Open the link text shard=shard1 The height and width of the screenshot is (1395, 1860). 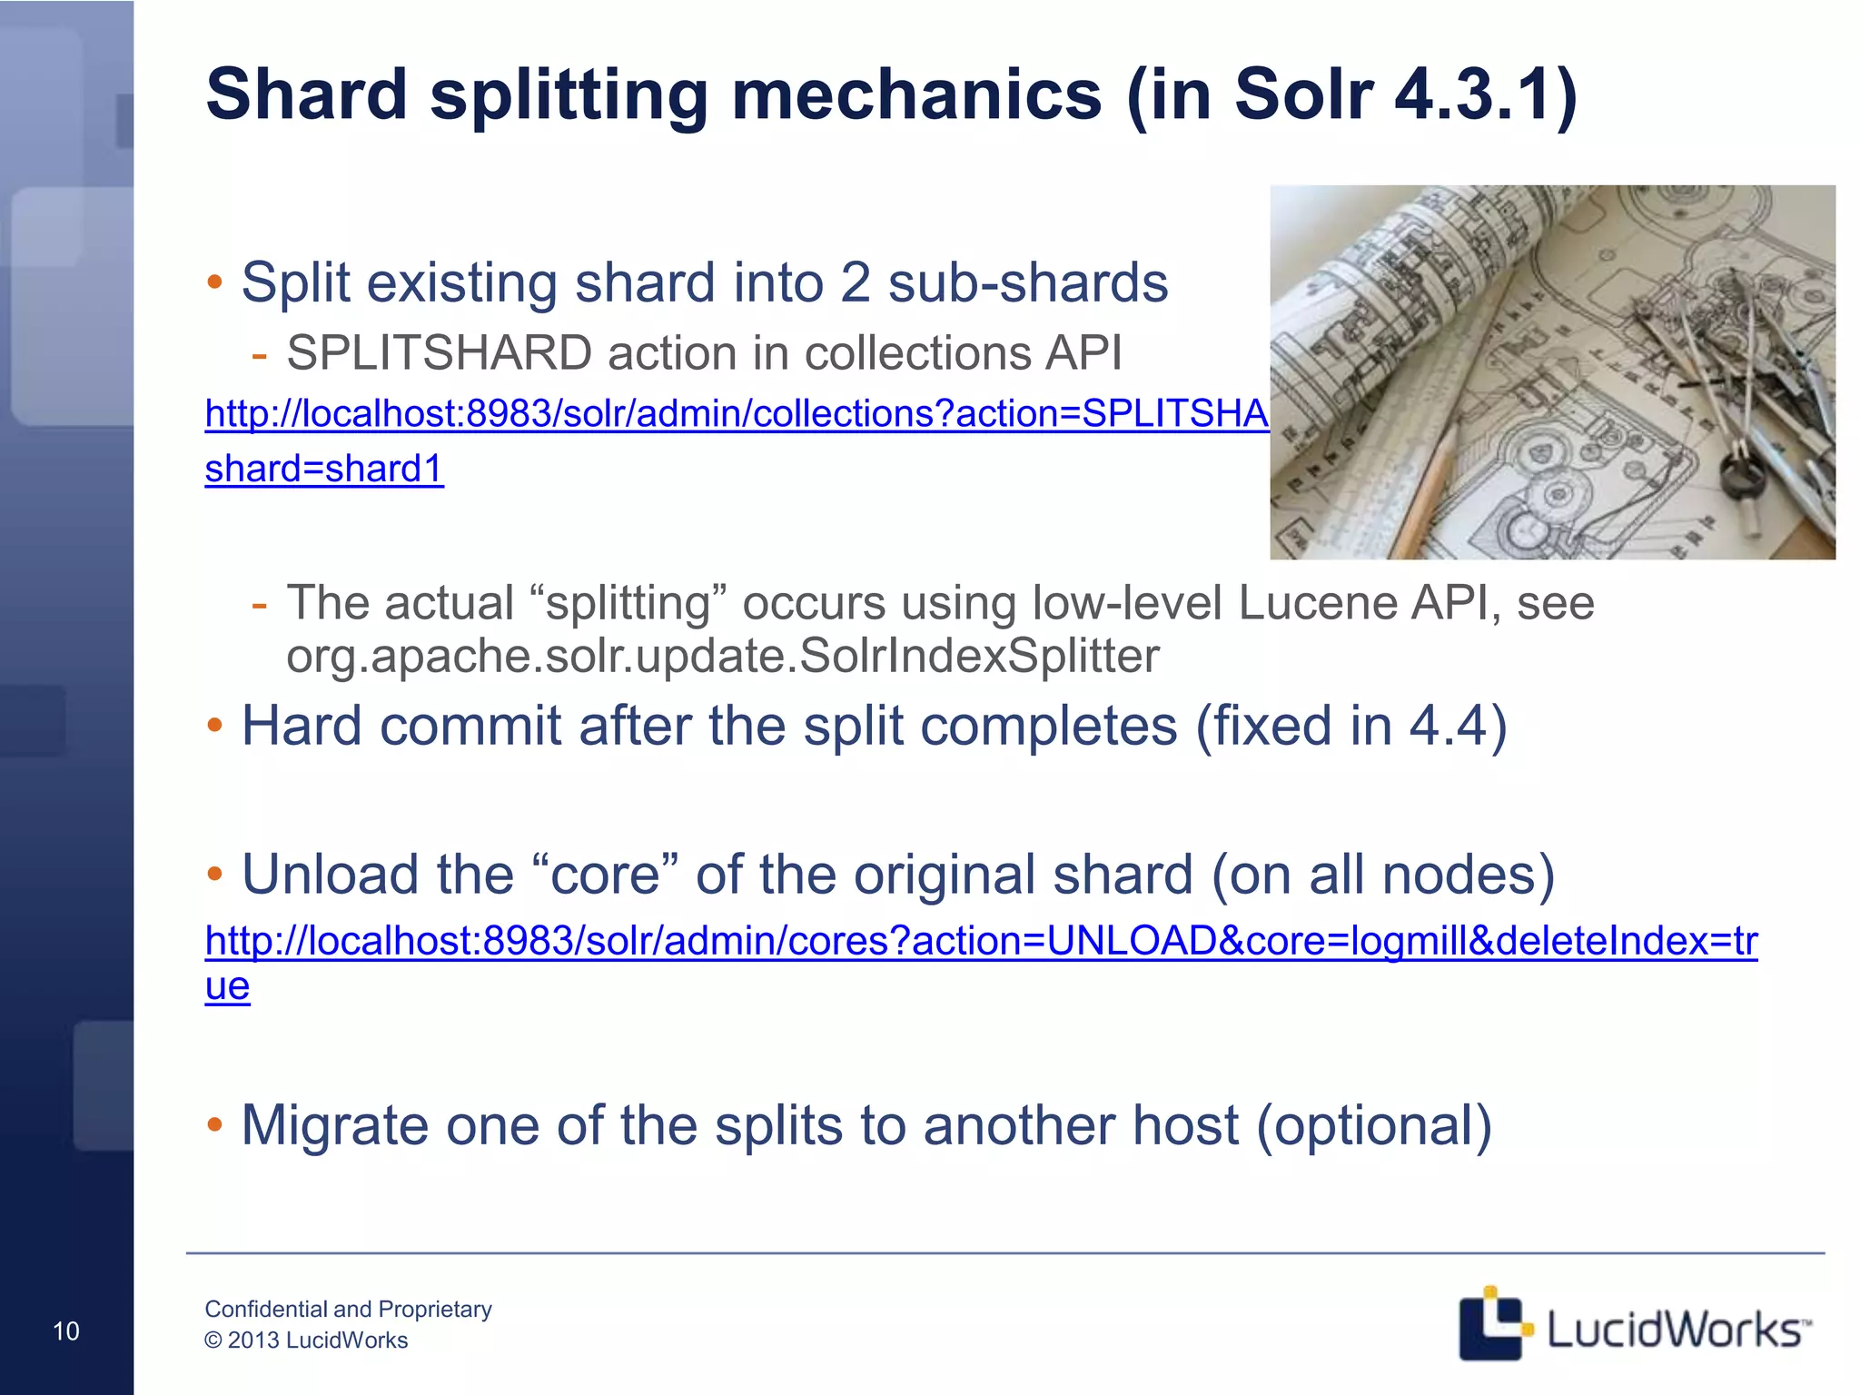point(324,469)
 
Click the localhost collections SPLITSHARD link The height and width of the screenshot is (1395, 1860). point(736,414)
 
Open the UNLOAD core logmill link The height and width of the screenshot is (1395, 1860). point(981,941)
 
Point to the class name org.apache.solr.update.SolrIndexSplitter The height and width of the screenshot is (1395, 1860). point(722,656)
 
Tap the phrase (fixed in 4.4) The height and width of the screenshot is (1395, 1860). point(1350,727)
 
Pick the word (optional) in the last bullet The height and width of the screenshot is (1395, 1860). point(1374,1126)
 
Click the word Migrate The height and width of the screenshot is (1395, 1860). point(334,1126)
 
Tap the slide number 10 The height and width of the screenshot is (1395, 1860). point(66,1331)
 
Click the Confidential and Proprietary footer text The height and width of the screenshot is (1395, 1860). point(348,1309)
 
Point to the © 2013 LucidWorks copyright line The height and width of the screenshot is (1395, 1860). point(306,1341)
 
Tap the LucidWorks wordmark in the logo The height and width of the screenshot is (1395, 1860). point(1677,1330)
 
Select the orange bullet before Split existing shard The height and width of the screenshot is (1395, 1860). point(214,282)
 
